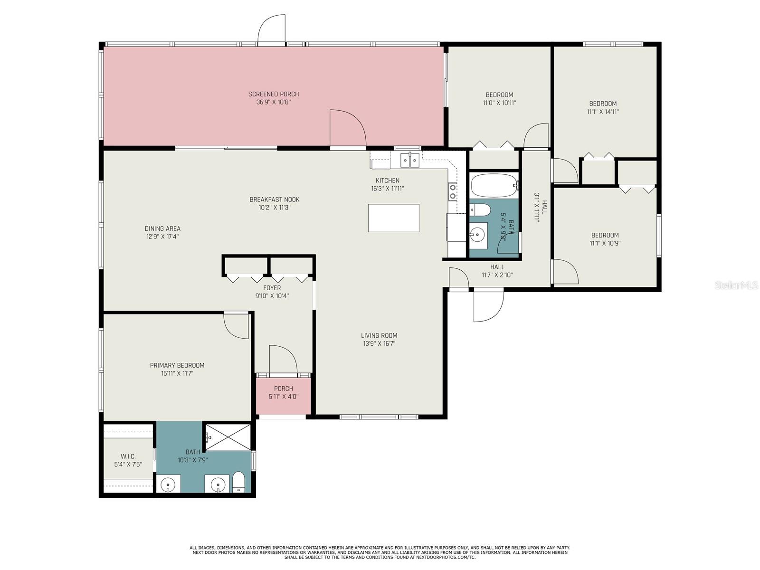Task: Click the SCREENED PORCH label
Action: tap(273, 94)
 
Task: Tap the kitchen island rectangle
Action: tap(393, 218)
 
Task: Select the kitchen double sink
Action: tap(410, 160)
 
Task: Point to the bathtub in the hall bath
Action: tap(494, 186)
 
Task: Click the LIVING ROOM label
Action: tap(379, 335)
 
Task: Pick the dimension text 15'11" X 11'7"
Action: tap(177, 373)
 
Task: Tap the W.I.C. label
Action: tap(128, 456)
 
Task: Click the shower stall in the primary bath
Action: tap(228, 437)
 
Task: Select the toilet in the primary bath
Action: tap(238, 482)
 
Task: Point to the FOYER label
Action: tap(272, 287)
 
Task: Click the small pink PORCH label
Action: tap(283, 388)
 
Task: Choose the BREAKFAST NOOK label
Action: tap(274, 199)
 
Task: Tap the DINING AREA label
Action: tap(162, 228)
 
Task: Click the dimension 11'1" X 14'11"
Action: tap(602, 112)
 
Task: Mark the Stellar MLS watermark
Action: tap(736, 285)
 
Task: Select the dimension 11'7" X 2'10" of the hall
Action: tap(497, 275)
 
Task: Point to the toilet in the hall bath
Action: tap(480, 209)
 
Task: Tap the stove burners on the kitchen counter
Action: tap(452, 192)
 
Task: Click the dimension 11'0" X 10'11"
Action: tap(499, 103)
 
